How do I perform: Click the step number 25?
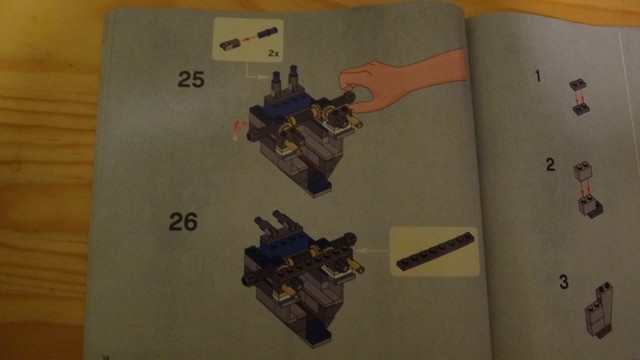coord(191,79)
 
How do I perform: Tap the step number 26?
coord(183,222)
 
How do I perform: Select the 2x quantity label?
coord(273,53)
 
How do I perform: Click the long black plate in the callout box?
coord(436,251)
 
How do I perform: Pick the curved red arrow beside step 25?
coord(239,129)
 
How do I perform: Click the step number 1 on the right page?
coord(538,76)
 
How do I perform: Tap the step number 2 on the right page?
coord(550,164)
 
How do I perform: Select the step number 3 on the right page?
coord(564,282)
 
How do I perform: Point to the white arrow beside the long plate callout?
coord(372,251)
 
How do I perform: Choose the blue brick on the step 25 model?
coord(286,106)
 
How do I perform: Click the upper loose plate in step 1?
coord(578,84)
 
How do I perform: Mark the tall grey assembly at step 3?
coord(598,310)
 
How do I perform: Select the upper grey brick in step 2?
coord(583,171)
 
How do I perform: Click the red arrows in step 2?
coord(585,189)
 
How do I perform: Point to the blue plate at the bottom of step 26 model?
coord(318,336)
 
